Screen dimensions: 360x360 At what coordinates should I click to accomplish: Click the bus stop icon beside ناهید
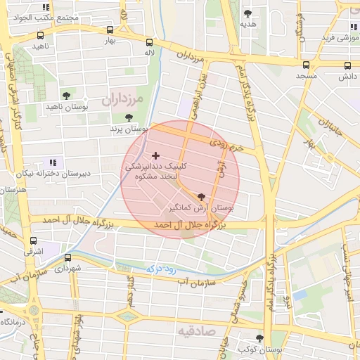[x=40, y=35]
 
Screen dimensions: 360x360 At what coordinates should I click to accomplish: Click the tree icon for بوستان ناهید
[x=66, y=96]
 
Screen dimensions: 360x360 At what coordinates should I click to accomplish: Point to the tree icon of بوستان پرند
[x=128, y=118]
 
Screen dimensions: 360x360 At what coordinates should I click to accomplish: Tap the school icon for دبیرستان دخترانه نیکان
[x=52, y=162]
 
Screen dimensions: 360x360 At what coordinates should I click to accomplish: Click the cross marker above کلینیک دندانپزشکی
[x=155, y=155]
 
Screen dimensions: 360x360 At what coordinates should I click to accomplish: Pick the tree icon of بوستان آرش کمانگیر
[x=202, y=198]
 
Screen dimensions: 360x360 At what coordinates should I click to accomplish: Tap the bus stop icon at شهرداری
[x=67, y=258]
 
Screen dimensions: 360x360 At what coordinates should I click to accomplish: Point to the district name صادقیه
[x=194, y=330]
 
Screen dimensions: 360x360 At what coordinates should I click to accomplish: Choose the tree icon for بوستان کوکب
[x=259, y=338]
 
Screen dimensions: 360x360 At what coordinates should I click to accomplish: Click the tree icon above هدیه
[x=247, y=13]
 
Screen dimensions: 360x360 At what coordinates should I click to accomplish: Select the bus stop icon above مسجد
[x=305, y=65]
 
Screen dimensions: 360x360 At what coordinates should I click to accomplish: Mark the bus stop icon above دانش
[x=347, y=65]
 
